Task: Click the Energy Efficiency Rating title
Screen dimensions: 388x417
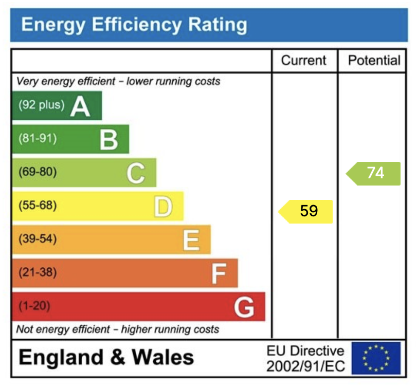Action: point(134,25)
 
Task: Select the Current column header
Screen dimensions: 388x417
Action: point(303,61)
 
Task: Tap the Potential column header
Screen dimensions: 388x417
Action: point(374,61)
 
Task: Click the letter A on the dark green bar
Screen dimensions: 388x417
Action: point(80,106)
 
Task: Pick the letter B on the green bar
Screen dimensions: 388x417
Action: point(108,140)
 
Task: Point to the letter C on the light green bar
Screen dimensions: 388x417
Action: point(136,173)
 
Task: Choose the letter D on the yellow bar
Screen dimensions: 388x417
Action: point(163,207)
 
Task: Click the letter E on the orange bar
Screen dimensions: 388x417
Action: point(191,240)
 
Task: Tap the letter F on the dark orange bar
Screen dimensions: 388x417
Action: point(219,273)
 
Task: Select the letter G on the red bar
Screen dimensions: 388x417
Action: point(244,307)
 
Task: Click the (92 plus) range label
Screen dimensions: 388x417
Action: point(42,105)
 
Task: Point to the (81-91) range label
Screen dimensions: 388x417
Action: point(38,138)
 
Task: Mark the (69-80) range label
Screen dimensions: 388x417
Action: point(38,172)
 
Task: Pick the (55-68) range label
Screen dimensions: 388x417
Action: point(38,206)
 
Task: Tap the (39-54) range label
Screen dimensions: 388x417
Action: point(38,239)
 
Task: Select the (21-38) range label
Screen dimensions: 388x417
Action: point(38,272)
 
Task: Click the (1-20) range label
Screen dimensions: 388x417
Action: point(34,306)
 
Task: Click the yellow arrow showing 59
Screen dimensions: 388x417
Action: point(307,211)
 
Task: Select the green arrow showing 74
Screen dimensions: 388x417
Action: point(374,173)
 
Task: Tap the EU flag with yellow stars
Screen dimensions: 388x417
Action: point(376,358)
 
